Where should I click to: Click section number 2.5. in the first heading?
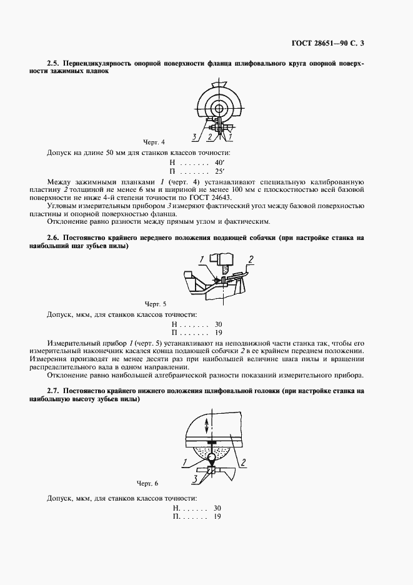coord(55,64)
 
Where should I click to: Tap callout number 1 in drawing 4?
coord(230,136)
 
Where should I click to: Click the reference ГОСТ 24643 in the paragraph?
coord(264,196)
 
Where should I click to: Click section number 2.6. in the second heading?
coord(55,238)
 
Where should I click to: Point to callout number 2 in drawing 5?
coord(250,259)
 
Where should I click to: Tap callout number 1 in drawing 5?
coord(202,259)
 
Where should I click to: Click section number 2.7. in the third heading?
coord(55,391)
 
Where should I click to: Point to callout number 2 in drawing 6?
coord(243,462)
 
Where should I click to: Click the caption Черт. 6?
coord(148,483)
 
